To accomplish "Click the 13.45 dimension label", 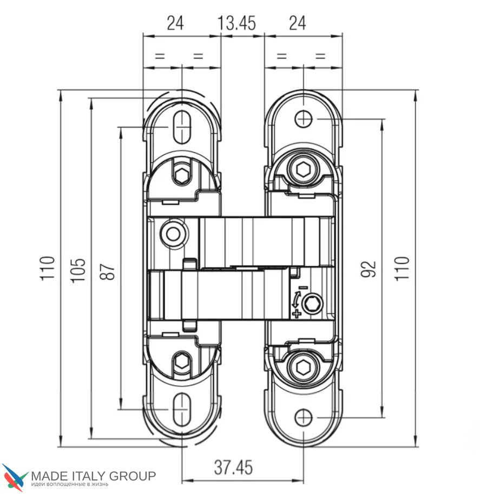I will pos(236,23).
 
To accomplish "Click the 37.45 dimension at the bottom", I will pos(233,467).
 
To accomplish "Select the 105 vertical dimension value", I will pos(79,268).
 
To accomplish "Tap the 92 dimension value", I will pos(368,268).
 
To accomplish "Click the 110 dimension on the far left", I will pos(49,268).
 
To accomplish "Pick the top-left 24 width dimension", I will pos(175,23).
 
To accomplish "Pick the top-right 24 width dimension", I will pos(297,23).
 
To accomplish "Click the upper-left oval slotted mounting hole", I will pos(182,128).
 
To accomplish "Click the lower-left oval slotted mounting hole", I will pos(182,409).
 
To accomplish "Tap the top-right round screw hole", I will pos(304,118).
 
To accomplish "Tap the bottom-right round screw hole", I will pos(304,418).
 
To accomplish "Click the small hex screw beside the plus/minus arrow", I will pos(312,305).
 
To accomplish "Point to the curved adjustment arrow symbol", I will pos(297,300).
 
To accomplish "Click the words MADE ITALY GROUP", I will pos(93,476).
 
